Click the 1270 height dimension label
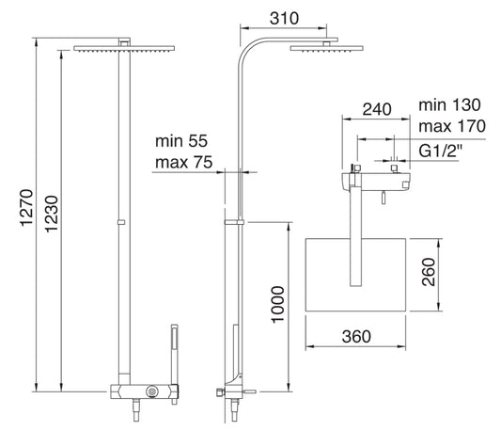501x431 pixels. pos(27,207)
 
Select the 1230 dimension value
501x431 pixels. pos(52,214)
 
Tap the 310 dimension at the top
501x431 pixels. pos(284,18)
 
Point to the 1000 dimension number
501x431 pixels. pos(277,305)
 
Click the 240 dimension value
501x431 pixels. pos(377,109)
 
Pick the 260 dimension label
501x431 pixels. pos(429,272)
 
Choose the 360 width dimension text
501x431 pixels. pos(356,337)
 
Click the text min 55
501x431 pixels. pos(181,141)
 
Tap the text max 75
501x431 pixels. pos(183,162)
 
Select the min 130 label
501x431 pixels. pos(449,105)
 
